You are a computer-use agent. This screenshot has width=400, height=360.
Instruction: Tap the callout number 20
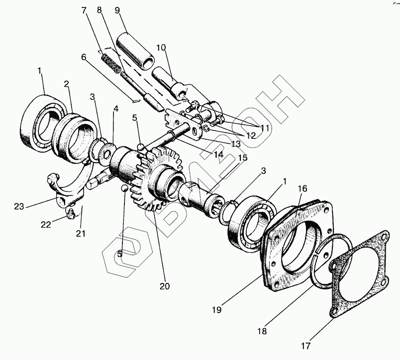pyautogui.click(x=164, y=286)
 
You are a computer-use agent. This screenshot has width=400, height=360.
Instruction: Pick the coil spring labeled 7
pyautogui.click(x=111, y=63)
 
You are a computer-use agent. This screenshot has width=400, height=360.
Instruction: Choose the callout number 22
pyautogui.click(x=46, y=225)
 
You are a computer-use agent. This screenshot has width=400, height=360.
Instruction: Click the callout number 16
pyautogui.click(x=302, y=189)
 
